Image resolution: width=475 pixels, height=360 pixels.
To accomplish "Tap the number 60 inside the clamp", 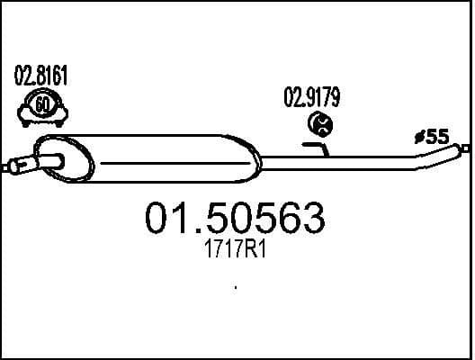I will [x=42, y=106].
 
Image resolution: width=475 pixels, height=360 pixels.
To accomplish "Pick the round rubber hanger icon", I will [x=318, y=123].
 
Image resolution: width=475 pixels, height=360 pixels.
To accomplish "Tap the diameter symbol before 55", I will [x=418, y=138].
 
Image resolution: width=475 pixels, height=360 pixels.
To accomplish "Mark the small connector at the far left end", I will [x=11, y=166].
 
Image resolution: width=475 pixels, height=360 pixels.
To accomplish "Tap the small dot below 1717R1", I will [x=236, y=288].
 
